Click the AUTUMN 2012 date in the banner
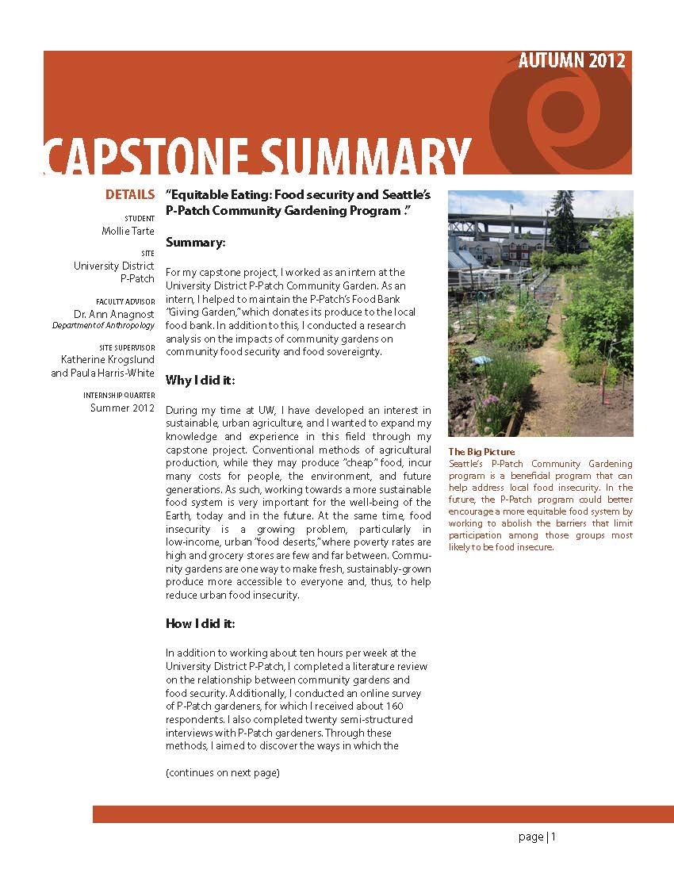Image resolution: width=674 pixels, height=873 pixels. pos(572,61)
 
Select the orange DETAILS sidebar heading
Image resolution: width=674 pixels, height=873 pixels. pos(130,195)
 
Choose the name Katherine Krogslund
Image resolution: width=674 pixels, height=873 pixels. pos(108,359)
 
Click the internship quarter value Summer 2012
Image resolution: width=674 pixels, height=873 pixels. pos(122,408)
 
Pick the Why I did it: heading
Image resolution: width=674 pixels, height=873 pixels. pos(200,381)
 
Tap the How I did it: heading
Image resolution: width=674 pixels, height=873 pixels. pos(200,623)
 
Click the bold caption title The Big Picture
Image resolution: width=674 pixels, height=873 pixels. pos(481,452)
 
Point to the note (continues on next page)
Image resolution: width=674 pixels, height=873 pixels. pos(222,773)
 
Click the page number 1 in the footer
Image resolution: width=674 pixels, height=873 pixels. pos(554,837)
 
